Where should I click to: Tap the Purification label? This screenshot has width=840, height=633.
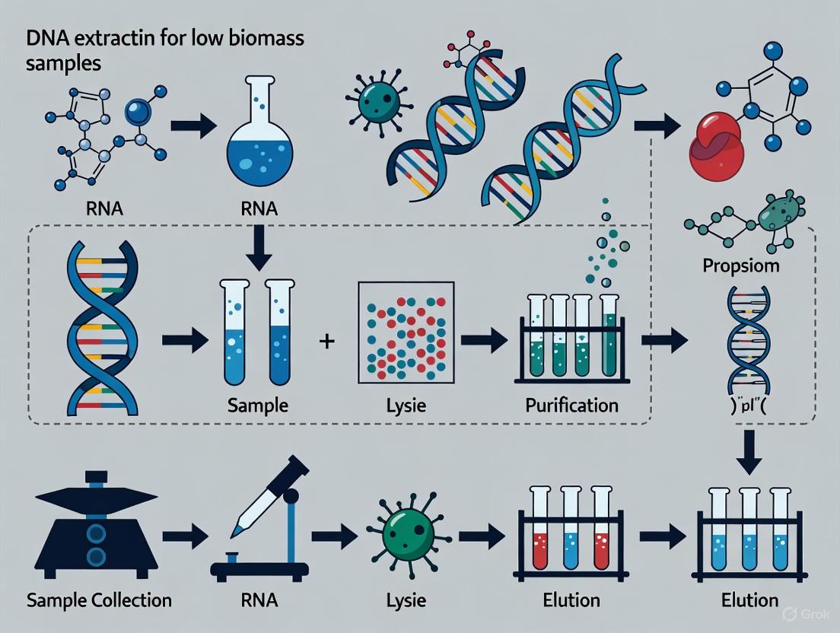click(x=571, y=405)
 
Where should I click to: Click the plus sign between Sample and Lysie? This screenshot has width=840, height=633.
click(x=327, y=342)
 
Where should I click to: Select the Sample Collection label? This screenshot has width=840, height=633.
click(x=99, y=600)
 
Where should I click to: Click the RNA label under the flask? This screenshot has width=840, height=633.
click(x=259, y=208)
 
